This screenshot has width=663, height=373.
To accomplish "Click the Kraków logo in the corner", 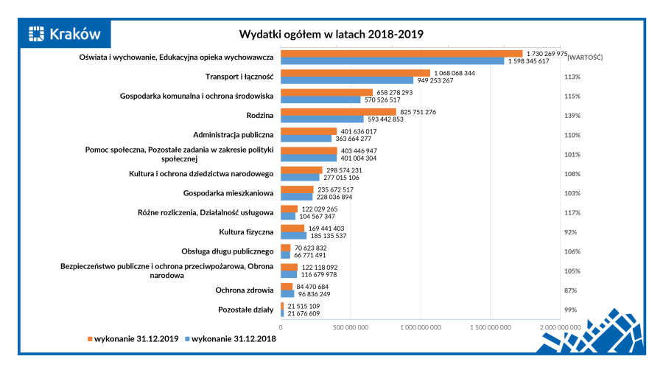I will click(65, 34).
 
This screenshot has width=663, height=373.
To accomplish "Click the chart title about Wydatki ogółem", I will click(331, 34).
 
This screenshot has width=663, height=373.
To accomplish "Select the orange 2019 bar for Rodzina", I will click(338, 112).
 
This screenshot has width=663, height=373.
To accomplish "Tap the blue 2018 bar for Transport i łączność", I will click(346, 80).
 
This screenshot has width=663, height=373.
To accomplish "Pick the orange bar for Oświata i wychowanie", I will click(401, 54).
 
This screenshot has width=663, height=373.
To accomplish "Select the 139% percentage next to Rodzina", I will click(572, 116).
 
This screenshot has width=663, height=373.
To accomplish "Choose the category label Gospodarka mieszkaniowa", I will click(228, 193).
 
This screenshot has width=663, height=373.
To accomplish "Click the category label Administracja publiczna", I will click(233, 135).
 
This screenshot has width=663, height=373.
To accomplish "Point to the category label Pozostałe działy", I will click(246, 310).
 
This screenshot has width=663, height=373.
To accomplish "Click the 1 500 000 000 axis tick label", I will click(491, 326).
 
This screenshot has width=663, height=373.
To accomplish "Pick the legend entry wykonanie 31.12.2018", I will click(231, 339).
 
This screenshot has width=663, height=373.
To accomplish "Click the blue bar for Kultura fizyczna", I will click(304, 236).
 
